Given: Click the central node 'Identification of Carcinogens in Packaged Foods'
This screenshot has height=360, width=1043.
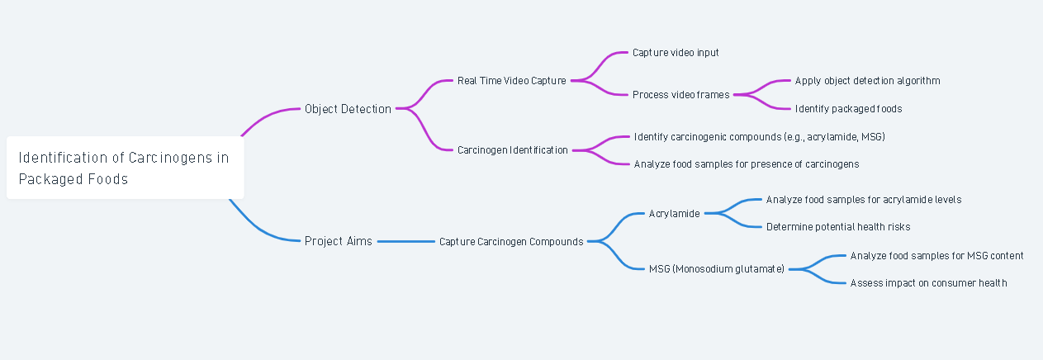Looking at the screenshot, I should (124, 168).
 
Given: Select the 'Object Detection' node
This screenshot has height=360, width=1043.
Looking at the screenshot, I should (348, 109).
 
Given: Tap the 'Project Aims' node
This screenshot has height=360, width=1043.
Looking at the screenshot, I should (338, 241).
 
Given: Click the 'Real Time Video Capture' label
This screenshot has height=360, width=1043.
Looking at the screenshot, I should (511, 81).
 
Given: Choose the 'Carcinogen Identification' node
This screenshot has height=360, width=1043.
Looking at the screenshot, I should (512, 150).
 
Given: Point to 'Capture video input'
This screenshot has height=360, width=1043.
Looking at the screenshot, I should (676, 53).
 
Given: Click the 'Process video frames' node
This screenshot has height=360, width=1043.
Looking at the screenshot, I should (680, 95).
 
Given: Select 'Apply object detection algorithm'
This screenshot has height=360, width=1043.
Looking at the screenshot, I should (867, 81).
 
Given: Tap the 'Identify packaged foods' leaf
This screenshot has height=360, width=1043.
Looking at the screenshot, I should (848, 109).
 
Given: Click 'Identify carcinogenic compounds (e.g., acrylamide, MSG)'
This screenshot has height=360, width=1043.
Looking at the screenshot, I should (759, 136).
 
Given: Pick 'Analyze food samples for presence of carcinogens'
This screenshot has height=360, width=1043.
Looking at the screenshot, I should (747, 164).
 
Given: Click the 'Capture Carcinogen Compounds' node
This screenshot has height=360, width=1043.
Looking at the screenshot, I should (511, 242).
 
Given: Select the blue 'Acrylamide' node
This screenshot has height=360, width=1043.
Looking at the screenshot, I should (674, 214).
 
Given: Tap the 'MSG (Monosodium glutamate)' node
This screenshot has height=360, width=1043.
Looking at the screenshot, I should (716, 269).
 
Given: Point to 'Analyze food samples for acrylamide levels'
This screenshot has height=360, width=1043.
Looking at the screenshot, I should (863, 200).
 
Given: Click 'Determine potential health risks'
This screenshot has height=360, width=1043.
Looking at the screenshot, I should (837, 227).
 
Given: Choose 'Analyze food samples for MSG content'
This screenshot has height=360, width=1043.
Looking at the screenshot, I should (936, 256).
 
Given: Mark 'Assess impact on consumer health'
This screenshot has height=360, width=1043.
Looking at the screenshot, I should (928, 283).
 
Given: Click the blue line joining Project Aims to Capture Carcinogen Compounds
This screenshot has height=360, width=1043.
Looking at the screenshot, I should (405, 241).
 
